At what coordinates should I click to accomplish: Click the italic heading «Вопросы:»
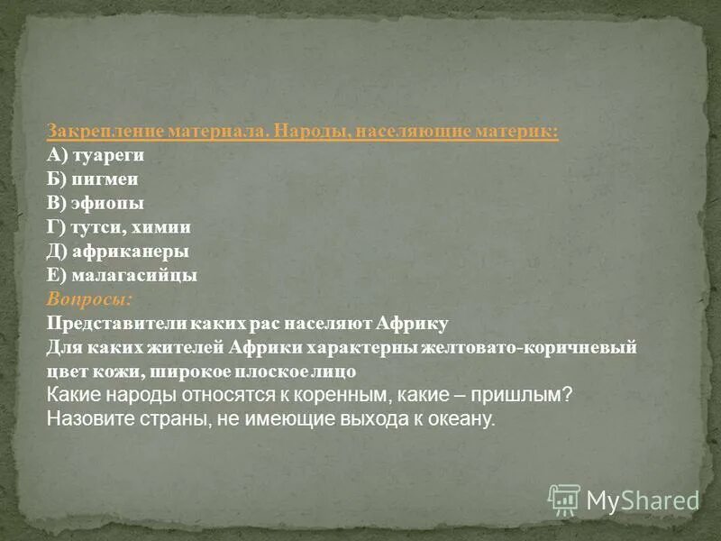tap(89, 298)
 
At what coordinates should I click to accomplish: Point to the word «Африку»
tap(412, 322)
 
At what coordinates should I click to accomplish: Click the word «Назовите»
tap(87, 419)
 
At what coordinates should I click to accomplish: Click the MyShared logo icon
tap(564, 499)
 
